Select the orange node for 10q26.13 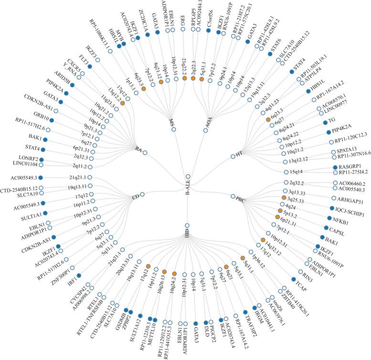tap(164, 272)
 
